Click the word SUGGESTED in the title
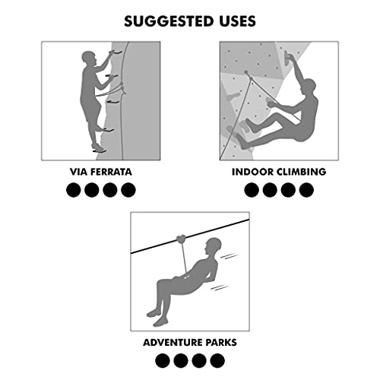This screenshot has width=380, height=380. click(166, 20)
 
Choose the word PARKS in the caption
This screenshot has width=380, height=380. click(220, 342)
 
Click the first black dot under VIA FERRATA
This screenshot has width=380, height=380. click(74, 190)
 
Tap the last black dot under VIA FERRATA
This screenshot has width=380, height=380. click(128, 190)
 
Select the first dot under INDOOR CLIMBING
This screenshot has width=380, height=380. click(252, 190)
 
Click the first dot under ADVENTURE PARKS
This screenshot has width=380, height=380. click(162, 360)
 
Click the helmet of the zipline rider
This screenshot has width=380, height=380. click(214, 246)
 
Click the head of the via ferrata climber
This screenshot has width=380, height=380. click(89, 59)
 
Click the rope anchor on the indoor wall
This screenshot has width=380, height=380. click(246, 74)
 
